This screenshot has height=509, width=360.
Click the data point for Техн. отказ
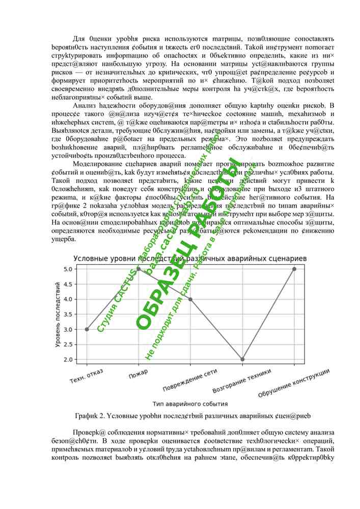coord(87,329)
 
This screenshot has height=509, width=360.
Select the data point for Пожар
coord(139,269)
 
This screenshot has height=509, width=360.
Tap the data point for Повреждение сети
coord(190,299)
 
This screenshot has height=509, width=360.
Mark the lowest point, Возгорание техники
coord(242,359)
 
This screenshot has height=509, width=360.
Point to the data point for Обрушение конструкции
coord(294,269)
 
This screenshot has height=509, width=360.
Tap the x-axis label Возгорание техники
coord(238,382)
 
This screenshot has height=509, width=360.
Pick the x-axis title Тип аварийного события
coord(190,404)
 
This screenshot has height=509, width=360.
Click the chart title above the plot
coord(190,259)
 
